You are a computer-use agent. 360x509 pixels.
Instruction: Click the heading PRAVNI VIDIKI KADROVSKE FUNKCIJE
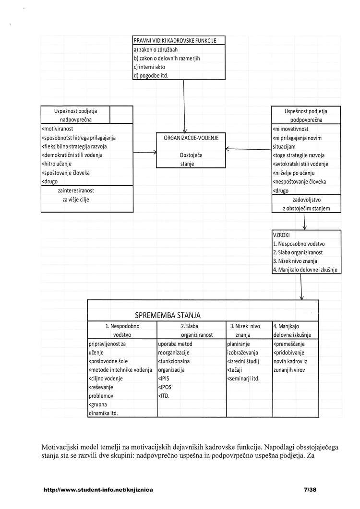(x=175, y=41)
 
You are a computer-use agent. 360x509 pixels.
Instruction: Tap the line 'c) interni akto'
(x=149, y=67)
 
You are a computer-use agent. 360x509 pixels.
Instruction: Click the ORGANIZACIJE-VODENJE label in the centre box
(x=191, y=138)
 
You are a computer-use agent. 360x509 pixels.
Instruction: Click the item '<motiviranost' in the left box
(x=57, y=129)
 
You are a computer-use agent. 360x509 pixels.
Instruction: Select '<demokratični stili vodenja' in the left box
(x=72, y=155)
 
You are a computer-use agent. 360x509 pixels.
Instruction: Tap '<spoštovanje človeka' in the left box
(x=65, y=173)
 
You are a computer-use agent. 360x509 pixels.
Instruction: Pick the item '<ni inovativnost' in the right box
(x=290, y=129)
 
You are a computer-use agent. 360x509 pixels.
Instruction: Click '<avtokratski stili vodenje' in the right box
(x=300, y=164)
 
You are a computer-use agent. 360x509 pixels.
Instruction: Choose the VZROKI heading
(x=281, y=235)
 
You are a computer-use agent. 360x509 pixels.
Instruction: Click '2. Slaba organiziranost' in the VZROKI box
(x=298, y=252)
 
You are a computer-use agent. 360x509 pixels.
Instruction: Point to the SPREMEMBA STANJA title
(x=168, y=315)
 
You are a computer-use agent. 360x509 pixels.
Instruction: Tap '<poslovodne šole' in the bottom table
(x=108, y=361)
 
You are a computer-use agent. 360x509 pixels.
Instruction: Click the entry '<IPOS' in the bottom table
(x=165, y=387)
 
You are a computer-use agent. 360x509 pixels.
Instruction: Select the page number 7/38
(x=311, y=490)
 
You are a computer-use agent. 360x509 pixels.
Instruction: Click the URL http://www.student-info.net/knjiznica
(x=98, y=490)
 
